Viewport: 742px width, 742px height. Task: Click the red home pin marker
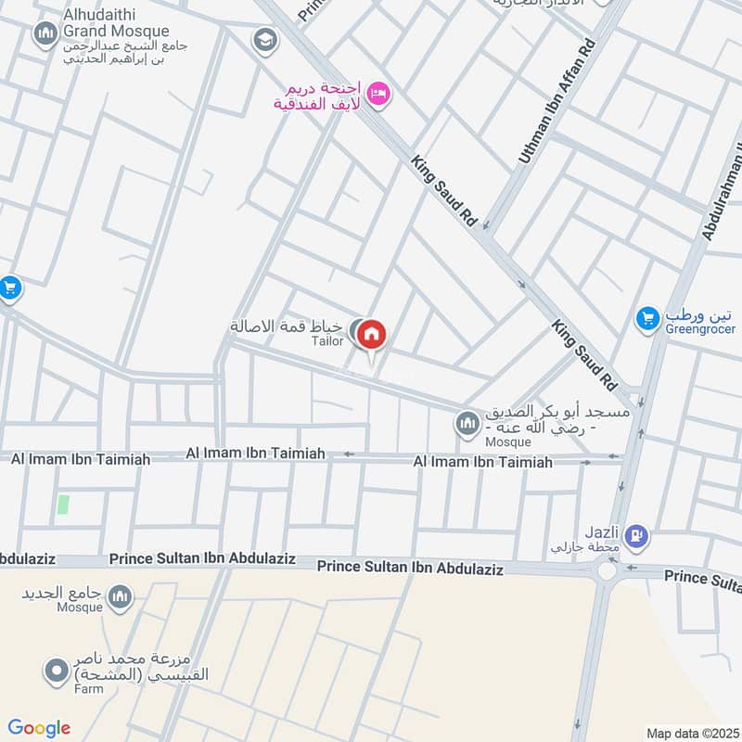[x=371, y=335]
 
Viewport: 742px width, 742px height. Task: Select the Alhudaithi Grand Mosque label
[x=116, y=23]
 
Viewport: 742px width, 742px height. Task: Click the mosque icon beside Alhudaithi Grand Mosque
[x=45, y=36]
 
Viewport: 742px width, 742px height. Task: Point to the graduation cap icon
[x=265, y=40]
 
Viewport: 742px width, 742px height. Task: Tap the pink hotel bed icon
[x=377, y=94]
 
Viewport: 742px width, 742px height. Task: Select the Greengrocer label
[x=700, y=328]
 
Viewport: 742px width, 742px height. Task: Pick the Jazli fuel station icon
[x=636, y=535]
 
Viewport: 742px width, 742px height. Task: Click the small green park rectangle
[x=63, y=505]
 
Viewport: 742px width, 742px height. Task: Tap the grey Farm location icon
[x=58, y=669]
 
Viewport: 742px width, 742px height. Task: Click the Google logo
[x=39, y=728]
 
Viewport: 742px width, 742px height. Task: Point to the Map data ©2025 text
[x=691, y=733]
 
